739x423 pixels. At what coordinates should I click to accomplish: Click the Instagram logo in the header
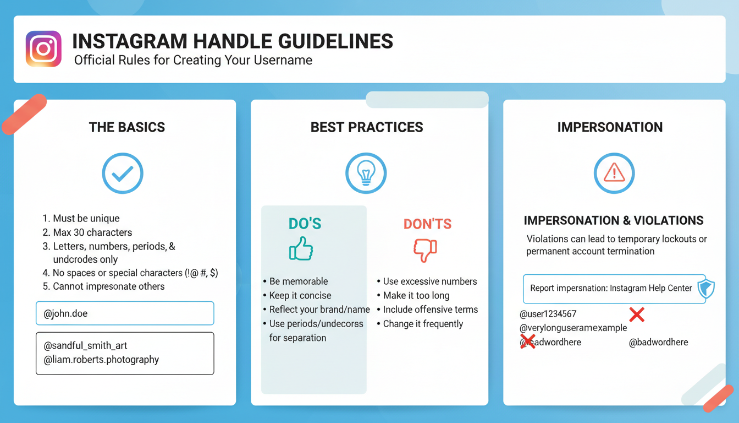pos(43,49)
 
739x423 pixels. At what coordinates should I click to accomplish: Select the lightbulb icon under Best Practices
pos(366,173)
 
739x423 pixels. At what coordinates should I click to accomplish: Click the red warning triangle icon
pos(614,173)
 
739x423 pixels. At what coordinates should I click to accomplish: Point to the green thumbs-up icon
pos(301,248)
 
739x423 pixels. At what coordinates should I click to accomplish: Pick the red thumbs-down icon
pos(425,250)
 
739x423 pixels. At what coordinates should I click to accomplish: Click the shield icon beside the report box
pos(706,289)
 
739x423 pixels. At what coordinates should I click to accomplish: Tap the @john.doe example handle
pos(65,313)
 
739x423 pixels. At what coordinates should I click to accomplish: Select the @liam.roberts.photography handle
pos(101,360)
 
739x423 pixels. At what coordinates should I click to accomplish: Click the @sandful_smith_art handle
pos(85,346)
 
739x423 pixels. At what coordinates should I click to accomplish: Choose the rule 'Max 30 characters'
pos(87,232)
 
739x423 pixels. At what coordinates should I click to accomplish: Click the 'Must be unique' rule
pos(81,218)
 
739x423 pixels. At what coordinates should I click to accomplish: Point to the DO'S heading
pos(305,224)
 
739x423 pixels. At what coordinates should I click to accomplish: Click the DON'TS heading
pos(428,224)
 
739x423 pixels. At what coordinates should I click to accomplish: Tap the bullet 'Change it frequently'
pos(420,324)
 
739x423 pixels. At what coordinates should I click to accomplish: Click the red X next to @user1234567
pos(637,314)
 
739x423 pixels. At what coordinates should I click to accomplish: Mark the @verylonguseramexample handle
pos(573,328)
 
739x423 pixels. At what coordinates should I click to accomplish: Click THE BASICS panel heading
pos(127,127)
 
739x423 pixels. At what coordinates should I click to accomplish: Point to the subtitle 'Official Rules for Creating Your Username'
pos(193,60)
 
